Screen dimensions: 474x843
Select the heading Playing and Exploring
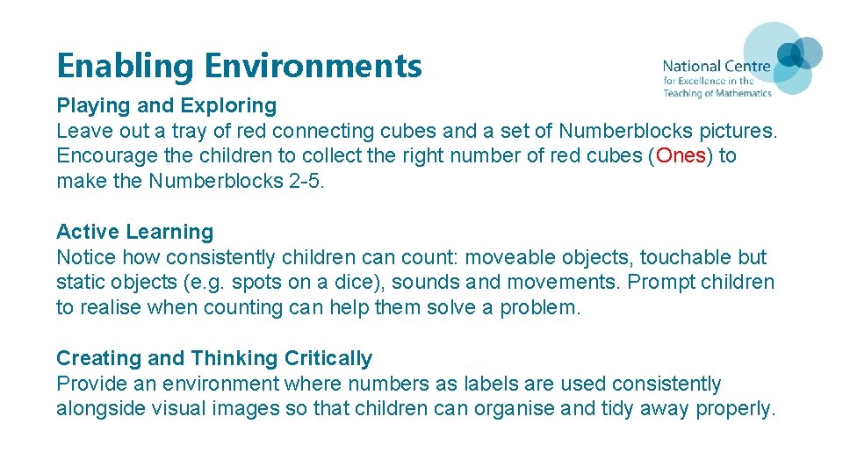(x=166, y=105)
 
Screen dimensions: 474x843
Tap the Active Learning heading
(x=134, y=232)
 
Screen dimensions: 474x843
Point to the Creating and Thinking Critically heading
(x=214, y=358)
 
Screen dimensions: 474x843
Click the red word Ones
(x=681, y=156)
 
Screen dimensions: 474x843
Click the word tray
(x=205, y=132)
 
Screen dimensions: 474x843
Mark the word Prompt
(x=648, y=283)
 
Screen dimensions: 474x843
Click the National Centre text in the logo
(x=716, y=66)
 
